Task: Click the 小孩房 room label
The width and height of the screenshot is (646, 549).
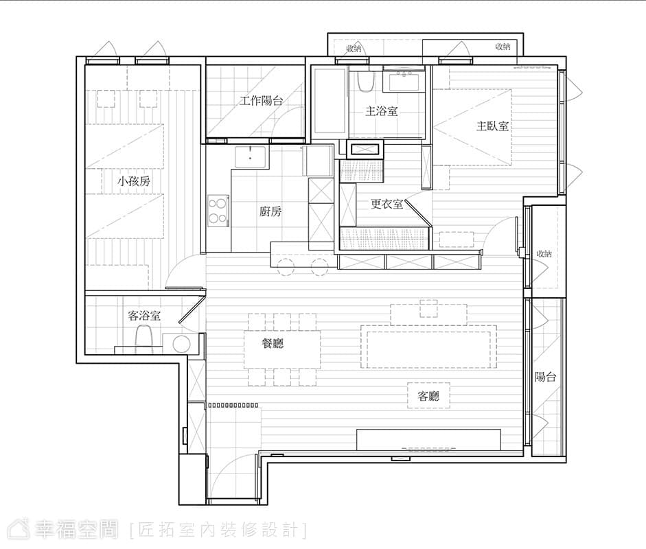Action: click(x=134, y=181)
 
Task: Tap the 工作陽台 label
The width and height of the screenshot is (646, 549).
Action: click(x=261, y=100)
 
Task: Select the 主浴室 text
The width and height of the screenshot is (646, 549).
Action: click(x=382, y=111)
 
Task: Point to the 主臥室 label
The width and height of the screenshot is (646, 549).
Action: click(x=492, y=126)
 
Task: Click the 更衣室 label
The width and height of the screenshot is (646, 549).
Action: click(x=387, y=204)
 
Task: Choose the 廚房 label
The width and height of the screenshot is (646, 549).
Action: click(x=270, y=211)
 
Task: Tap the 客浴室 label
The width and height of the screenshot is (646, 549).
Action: click(x=144, y=316)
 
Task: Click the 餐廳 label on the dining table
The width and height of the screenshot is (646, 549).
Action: click(x=273, y=343)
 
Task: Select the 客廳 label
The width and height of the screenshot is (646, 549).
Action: click(x=428, y=396)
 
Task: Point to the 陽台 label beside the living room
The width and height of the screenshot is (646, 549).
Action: click(x=546, y=377)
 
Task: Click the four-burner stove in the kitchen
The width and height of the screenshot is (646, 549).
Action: click(x=218, y=211)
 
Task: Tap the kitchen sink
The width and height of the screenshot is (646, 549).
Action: click(x=251, y=157)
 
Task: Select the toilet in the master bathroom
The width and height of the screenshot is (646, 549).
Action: click(x=365, y=81)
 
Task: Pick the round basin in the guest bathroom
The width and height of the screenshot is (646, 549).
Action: click(x=181, y=344)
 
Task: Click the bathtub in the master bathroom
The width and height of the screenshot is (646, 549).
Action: click(x=329, y=100)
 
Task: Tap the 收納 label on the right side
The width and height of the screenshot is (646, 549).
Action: click(x=544, y=254)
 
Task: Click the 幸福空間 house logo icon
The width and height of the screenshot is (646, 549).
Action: click(x=19, y=529)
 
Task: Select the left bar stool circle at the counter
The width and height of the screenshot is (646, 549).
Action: click(x=286, y=267)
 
